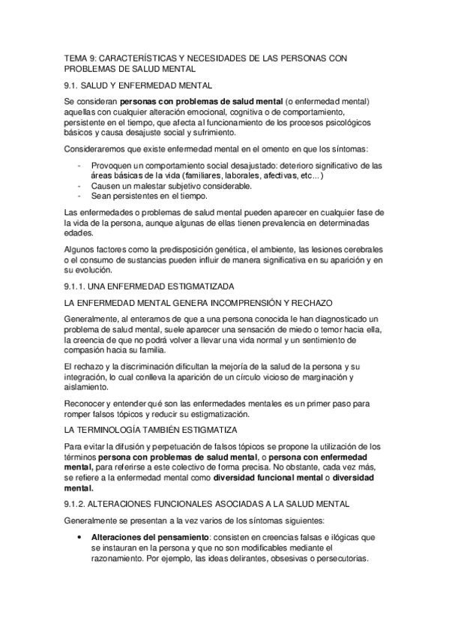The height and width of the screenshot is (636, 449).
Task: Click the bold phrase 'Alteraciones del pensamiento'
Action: [x=139, y=538]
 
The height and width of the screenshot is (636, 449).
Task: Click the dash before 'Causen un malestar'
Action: [x=79, y=185]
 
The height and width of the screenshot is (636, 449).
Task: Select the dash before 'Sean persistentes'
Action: [x=79, y=196]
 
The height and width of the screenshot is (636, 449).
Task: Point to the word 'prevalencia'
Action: [x=272, y=223]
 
